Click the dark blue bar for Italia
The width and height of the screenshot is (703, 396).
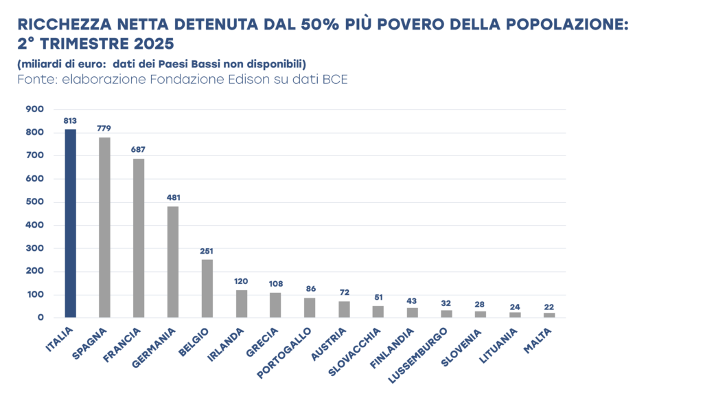point(70,223)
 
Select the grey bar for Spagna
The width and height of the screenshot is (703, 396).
point(104,228)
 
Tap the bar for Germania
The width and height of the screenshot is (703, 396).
point(173,262)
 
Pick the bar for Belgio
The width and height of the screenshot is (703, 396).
point(207,289)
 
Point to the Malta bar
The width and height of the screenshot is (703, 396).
point(549,315)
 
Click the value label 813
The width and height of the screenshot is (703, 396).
point(70,121)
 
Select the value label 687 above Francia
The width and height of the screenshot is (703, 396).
point(139,149)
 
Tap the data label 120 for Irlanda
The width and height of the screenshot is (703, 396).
point(241,281)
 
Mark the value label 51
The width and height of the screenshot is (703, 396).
point(378,297)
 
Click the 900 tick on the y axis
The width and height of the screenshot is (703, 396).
point(35,109)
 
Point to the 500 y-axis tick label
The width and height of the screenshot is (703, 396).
point(35,202)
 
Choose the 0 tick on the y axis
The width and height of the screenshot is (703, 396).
point(41,318)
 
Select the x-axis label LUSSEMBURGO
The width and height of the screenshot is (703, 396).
point(419,354)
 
